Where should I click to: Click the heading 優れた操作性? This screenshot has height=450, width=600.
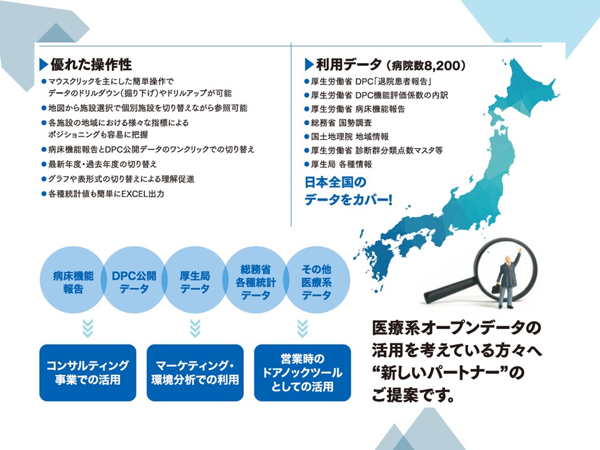pos(91,64)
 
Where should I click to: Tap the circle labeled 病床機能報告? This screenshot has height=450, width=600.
pos(72,280)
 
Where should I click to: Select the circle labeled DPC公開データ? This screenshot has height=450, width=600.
pos(134,280)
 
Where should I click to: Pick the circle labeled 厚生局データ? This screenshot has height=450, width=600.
pos(195,280)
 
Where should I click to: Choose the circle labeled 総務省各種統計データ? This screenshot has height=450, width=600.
pos(256,280)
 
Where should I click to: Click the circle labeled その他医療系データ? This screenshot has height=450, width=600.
pos(316,280)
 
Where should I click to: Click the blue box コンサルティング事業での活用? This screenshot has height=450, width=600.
pos(87,372)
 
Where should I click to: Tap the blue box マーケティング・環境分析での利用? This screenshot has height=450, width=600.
pos(195,372)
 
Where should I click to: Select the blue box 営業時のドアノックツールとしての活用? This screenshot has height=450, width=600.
pos(302,372)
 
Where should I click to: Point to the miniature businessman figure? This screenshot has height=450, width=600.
pos(506,279)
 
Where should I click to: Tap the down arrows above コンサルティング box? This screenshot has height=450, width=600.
pos(87,328)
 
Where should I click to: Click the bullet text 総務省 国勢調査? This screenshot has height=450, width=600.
pos(341,123)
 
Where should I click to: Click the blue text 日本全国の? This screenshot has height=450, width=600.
pos(335,182)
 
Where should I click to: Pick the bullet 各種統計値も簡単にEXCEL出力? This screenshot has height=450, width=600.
pos(106,194)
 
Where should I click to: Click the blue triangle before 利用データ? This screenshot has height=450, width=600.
pos(309,64)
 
